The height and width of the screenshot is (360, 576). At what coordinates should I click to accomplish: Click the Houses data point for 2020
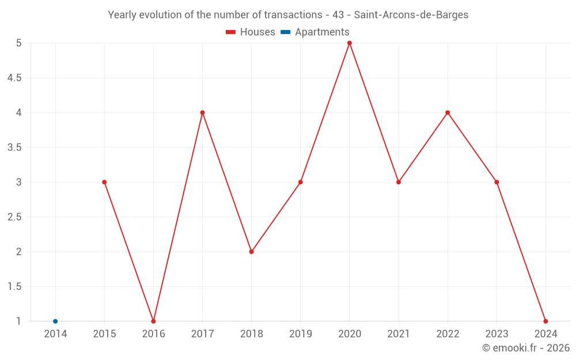click(x=350, y=43)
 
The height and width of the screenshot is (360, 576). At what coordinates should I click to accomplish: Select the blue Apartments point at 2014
click(x=55, y=321)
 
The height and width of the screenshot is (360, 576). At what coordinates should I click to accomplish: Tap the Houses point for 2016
click(x=153, y=321)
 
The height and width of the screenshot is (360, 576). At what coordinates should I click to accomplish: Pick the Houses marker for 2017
click(x=202, y=112)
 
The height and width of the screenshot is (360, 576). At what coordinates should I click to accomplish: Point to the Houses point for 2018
click(x=252, y=252)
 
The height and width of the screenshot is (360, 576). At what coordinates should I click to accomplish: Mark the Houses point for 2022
click(x=448, y=112)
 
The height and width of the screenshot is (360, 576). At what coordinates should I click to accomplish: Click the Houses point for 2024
click(x=545, y=321)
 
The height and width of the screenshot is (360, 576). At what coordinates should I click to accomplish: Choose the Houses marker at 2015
click(x=104, y=182)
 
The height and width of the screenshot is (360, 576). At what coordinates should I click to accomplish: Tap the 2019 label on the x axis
click(x=301, y=334)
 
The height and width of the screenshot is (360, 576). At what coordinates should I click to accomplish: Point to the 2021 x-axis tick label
click(x=399, y=334)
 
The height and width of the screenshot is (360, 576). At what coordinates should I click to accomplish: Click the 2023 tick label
click(x=497, y=334)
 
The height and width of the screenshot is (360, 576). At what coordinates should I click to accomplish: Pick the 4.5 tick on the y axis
click(x=14, y=78)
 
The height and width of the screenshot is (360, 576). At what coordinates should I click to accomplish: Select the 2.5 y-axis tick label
click(x=14, y=217)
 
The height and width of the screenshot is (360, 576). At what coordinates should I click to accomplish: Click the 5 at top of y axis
click(x=19, y=43)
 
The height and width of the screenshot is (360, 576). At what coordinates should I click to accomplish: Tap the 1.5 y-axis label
click(x=14, y=287)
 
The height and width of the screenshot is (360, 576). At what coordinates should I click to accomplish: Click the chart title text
click(x=288, y=15)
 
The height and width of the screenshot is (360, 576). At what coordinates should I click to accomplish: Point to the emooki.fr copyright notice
click(x=526, y=348)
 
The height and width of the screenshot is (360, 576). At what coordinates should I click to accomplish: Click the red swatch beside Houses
click(x=231, y=32)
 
